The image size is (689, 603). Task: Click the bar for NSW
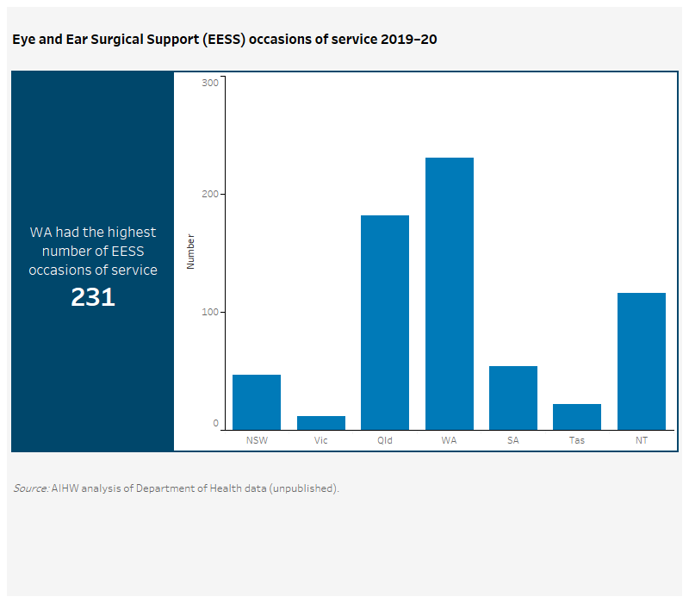tap(256, 401)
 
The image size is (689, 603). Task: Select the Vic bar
tap(320, 422)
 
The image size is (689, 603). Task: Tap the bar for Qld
tap(384, 322)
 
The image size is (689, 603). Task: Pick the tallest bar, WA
tap(449, 293)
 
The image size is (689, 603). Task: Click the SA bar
tap(512, 397)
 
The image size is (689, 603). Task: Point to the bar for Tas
tap(576, 416)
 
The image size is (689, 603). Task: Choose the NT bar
tap(641, 361)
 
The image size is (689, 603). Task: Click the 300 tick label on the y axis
tap(210, 83)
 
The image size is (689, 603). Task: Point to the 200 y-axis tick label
tap(210, 195)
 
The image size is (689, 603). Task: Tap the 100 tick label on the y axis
tap(210, 312)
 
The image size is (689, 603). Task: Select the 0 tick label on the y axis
tap(215, 424)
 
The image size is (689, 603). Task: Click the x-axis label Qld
tap(384, 440)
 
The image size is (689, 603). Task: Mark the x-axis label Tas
tap(576, 440)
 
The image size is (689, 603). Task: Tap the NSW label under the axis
tap(256, 440)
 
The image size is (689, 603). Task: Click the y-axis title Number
tap(191, 252)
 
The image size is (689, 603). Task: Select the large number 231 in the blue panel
tap(93, 297)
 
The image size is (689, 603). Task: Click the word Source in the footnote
tap(30, 488)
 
